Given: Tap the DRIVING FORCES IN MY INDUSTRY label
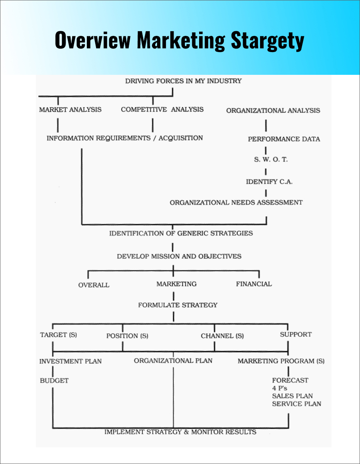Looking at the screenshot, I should tap(183, 81).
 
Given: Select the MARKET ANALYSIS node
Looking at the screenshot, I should tap(70, 110).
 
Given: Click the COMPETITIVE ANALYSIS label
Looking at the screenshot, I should tap(162, 110).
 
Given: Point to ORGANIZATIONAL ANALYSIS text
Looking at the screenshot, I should tap(273, 111).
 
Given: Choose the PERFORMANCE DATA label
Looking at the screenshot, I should tap(284, 139).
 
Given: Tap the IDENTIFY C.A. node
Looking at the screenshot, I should tap(269, 182).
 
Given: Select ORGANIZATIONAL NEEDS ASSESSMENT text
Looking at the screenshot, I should tap(236, 202).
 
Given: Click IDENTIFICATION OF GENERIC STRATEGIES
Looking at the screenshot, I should tap(181, 233).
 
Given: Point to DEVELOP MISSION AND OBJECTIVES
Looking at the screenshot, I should tap(179, 256).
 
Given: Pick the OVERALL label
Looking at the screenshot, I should tap(94, 285).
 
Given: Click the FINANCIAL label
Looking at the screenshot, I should tap(254, 284).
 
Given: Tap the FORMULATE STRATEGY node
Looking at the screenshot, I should tap(178, 305).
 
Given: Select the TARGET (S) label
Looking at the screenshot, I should tap(58, 335).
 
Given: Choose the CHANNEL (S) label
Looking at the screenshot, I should tap(222, 336).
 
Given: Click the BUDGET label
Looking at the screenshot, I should tap(54, 381).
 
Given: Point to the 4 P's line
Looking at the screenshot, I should tap(280, 388).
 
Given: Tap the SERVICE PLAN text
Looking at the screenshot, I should tap(296, 404).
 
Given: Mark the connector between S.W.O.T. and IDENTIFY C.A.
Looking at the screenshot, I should tap(266, 170).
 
